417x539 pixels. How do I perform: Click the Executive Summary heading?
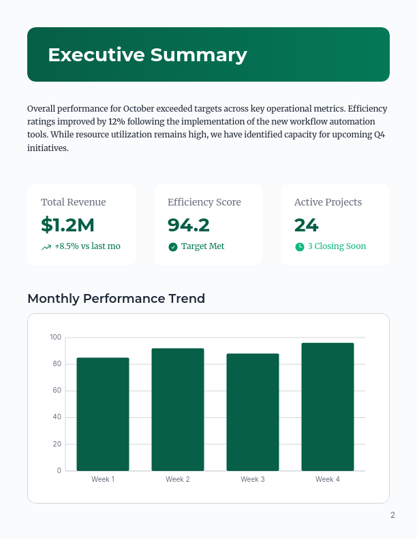click(x=147, y=55)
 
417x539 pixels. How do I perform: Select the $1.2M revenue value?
click(x=67, y=225)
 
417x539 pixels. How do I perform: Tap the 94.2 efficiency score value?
click(x=189, y=225)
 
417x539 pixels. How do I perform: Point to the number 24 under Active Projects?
click(x=306, y=225)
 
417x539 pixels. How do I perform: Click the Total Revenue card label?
click(x=73, y=202)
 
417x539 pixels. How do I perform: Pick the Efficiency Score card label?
click(x=204, y=202)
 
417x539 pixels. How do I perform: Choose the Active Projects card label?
click(x=328, y=202)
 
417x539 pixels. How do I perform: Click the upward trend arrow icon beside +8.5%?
click(x=46, y=247)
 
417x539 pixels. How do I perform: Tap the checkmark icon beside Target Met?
click(x=173, y=246)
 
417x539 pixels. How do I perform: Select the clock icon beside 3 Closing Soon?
click(x=300, y=246)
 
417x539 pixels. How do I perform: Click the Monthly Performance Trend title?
click(x=116, y=298)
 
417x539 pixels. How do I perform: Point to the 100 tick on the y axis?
click(x=55, y=338)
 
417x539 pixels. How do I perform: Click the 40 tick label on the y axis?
click(x=57, y=417)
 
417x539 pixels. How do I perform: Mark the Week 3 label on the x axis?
click(x=253, y=480)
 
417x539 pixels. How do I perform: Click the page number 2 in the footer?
click(x=392, y=515)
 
